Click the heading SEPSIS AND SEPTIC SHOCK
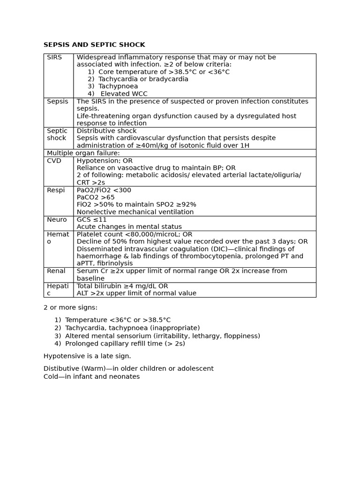[x=94, y=45]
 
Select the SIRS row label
[x=54, y=57]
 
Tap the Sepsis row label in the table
[x=57, y=101]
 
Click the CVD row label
[x=54, y=160]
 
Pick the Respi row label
[x=56, y=190]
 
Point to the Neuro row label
[x=57, y=219]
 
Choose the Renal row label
[x=56, y=271]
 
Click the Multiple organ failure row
[x=83, y=153]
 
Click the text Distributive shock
[x=106, y=131]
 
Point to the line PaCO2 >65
[x=96, y=197]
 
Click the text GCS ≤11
[x=92, y=219]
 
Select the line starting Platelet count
[x=135, y=234]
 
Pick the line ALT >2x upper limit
[x=136, y=293]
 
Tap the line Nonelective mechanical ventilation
[x=135, y=212]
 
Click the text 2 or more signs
[x=70, y=307]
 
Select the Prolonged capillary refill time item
[x=125, y=344]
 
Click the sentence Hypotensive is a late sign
[x=87, y=356]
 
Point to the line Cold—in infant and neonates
[x=91, y=376]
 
